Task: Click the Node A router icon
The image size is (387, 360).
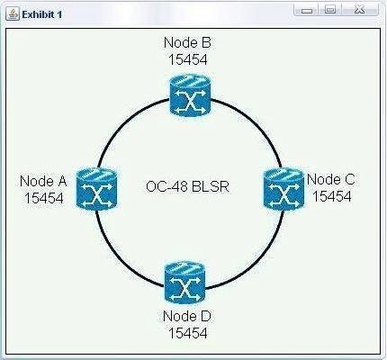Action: (x=96, y=189)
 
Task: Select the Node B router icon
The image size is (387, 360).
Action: (x=190, y=95)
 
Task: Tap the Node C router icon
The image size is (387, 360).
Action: (x=284, y=189)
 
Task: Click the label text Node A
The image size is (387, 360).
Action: (x=43, y=181)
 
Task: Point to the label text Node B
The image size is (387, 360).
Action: (x=187, y=42)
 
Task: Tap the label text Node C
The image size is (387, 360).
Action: (x=331, y=180)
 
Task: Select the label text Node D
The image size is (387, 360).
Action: (x=187, y=316)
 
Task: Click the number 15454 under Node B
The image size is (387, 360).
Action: (x=188, y=59)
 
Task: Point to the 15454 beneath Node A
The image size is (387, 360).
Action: (x=44, y=198)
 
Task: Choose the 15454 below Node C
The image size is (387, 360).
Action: (x=332, y=197)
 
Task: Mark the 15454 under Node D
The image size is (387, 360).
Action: (x=188, y=333)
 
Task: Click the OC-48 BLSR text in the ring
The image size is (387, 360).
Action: (x=187, y=186)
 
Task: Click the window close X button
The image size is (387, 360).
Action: (x=360, y=10)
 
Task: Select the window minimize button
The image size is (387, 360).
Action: (x=306, y=10)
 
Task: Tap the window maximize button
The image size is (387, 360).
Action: (x=330, y=10)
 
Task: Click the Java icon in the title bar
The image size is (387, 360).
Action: (x=13, y=14)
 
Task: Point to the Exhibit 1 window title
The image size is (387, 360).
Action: (x=42, y=14)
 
